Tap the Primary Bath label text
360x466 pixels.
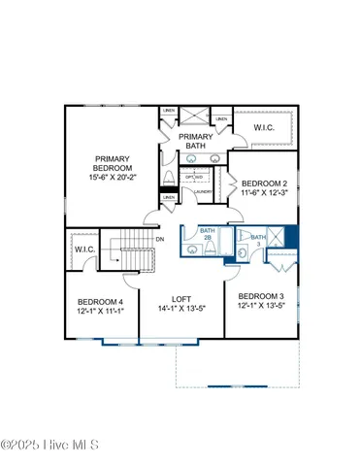point(198,143)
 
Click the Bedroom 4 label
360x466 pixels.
point(100,308)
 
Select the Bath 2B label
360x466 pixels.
point(206,235)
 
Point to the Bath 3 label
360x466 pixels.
point(257,240)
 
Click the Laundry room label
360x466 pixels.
point(204,191)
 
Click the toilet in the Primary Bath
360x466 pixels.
point(170,178)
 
